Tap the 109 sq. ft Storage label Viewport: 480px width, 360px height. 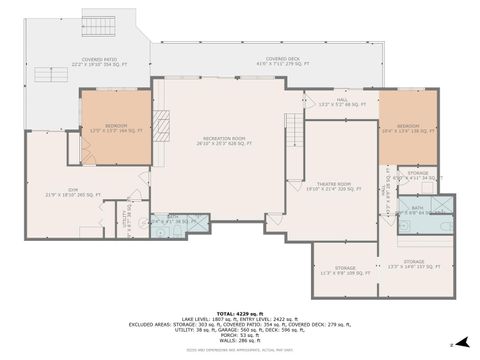(x=345, y=270)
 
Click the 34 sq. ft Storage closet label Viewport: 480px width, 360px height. (x=418, y=174)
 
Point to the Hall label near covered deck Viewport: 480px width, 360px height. (x=341, y=102)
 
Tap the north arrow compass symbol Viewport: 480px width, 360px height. (x=451, y=343)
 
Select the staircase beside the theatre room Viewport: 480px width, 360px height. (x=294, y=130)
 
